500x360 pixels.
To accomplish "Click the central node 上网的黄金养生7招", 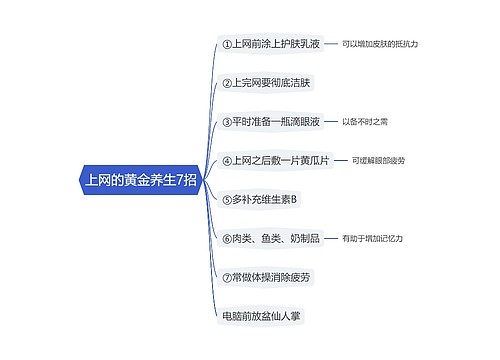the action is coord(140,181).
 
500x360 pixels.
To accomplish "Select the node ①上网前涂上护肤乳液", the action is coord(273,44).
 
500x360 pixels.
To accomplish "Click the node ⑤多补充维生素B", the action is coord(258,199).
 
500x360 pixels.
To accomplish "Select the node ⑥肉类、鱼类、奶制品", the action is coord(271,238).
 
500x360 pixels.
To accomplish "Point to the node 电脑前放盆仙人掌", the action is coord(262,315).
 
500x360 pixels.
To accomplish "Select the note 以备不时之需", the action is coord(365,122).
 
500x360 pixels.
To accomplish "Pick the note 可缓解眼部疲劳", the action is coord(378,160).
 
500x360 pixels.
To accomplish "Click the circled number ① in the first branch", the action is coord(226,44).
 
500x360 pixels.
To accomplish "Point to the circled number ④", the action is coord(226,160).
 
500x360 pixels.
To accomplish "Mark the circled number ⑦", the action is coord(226,276).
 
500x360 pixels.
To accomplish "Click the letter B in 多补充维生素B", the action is coord(295,199).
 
